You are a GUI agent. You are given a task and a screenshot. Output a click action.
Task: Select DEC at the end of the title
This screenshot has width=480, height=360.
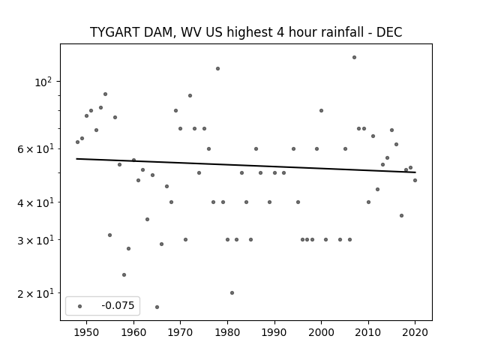pyautogui.click(x=389, y=32)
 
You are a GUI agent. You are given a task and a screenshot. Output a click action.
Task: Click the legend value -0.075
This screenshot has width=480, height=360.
pyautogui.click(x=118, y=305)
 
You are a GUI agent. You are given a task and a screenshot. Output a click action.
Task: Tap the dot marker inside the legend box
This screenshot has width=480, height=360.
pyautogui.click(x=79, y=306)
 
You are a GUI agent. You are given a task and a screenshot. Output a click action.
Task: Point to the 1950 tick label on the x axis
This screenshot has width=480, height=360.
pyautogui.click(x=87, y=332)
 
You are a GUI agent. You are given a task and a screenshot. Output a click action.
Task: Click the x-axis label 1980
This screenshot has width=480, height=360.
pyautogui.click(x=227, y=332)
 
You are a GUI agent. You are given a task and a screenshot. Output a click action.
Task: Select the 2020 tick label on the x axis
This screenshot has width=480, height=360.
pyautogui.click(x=415, y=332)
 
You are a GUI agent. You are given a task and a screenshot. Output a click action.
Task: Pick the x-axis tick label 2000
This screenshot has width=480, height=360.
pyautogui.click(x=321, y=332)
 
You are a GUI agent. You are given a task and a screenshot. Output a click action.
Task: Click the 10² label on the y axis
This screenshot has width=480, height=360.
pyautogui.click(x=43, y=82)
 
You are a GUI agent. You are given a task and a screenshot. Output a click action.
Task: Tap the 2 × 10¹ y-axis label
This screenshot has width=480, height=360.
pyautogui.click(x=35, y=293)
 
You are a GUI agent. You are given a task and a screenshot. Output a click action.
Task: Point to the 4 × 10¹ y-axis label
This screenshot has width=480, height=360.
pyautogui.click(x=35, y=202)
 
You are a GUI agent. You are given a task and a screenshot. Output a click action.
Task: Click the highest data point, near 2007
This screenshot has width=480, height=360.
pyautogui.click(x=354, y=57)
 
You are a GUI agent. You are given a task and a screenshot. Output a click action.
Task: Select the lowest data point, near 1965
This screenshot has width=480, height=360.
pyautogui.click(x=157, y=307)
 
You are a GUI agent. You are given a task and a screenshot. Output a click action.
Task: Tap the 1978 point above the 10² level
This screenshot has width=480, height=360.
pyautogui.click(x=218, y=68)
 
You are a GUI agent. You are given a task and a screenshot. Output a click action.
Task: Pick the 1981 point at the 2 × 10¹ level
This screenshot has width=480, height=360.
pyautogui.click(x=232, y=293)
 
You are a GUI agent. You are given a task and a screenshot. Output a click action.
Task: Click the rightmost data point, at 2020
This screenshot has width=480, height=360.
pyautogui.click(x=415, y=180)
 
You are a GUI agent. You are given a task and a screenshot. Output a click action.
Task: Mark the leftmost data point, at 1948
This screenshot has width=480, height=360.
pyautogui.click(x=77, y=142)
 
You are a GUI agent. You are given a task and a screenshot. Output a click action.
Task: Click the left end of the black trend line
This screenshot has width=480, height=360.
pyautogui.click(x=76, y=158)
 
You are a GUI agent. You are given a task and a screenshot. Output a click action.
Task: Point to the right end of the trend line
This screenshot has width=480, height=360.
pyautogui.click(x=415, y=172)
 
